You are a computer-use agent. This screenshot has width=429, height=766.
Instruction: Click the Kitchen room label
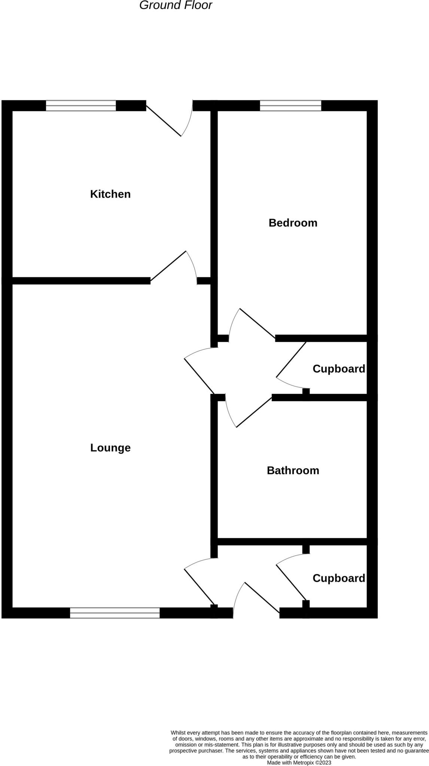110,194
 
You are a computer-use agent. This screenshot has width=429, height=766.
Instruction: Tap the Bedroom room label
293,223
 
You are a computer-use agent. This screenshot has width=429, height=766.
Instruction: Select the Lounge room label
110,448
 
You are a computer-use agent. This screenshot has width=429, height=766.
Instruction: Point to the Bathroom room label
293,471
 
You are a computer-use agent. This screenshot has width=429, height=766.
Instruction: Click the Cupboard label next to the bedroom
339,369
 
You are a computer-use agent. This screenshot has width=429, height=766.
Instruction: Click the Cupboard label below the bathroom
339,578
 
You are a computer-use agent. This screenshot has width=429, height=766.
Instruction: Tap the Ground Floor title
176,5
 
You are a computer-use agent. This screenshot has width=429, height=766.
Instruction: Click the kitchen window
81,106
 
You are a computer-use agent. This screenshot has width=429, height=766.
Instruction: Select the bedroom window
290,106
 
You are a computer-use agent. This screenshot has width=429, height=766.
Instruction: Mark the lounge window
115,613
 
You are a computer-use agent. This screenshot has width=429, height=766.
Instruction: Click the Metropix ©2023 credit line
299,762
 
